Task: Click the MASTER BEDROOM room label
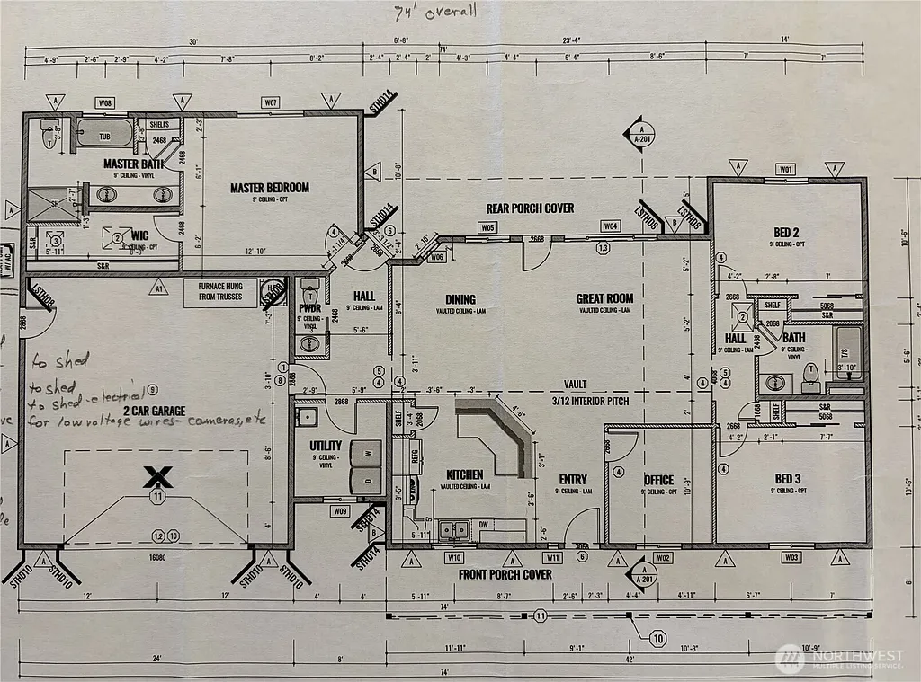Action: click(x=270, y=188)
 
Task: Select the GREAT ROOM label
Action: click(x=604, y=298)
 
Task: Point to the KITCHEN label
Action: click(x=465, y=474)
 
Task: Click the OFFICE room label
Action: click(x=658, y=480)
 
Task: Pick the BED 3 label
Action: click(x=786, y=479)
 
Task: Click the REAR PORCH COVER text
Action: click(x=530, y=208)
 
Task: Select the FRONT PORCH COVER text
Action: click(x=505, y=574)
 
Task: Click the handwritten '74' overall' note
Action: click(x=435, y=12)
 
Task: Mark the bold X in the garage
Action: click(x=157, y=476)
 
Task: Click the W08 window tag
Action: click(x=106, y=104)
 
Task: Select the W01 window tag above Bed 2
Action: click(x=786, y=169)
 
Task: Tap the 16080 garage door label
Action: click(x=157, y=557)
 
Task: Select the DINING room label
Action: click(x=460, y=299)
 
